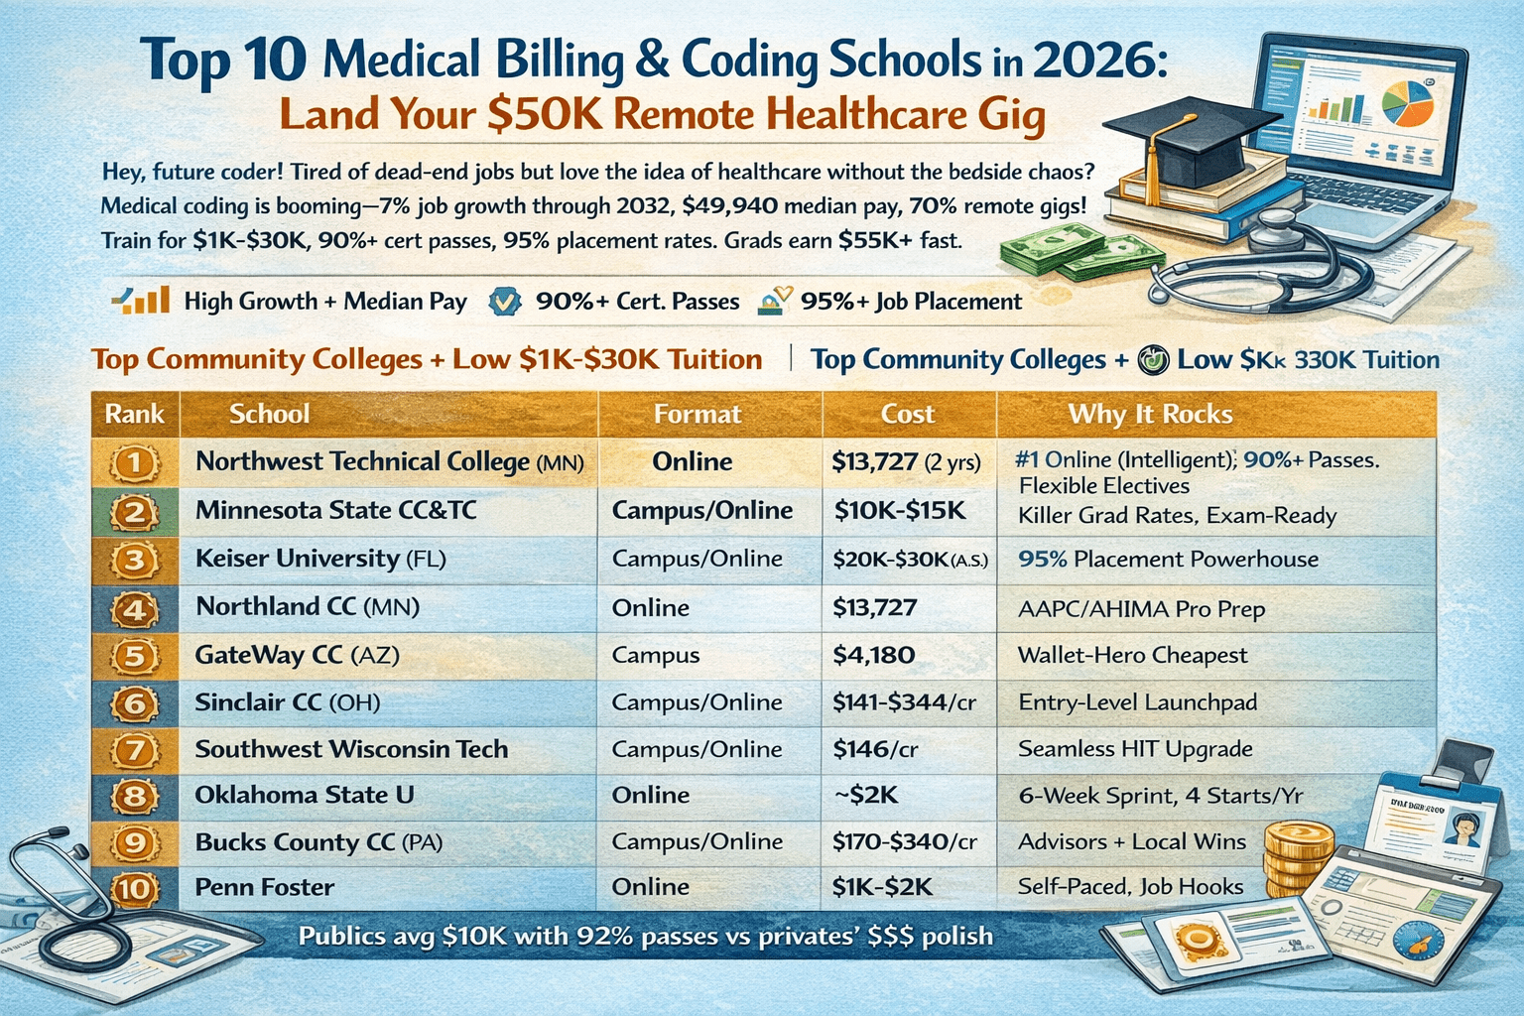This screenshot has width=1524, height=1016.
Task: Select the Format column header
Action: point(697,414)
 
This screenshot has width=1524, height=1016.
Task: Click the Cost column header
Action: point(908,414)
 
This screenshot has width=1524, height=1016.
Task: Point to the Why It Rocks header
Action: point(1150,414)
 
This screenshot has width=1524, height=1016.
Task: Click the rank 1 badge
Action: point(135,462)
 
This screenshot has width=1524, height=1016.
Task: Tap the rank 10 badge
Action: point(135,888)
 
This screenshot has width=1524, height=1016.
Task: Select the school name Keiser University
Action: point(297,559)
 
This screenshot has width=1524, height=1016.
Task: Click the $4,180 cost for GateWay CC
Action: point(873,655)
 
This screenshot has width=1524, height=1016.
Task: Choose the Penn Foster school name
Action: point(264,887)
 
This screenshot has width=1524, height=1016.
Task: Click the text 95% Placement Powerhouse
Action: point(1168,560)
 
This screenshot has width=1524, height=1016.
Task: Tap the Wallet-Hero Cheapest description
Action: point(1132,655)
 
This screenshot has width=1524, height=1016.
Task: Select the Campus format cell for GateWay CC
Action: point(655,655)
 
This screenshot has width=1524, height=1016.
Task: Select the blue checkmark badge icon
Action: point(506,302)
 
